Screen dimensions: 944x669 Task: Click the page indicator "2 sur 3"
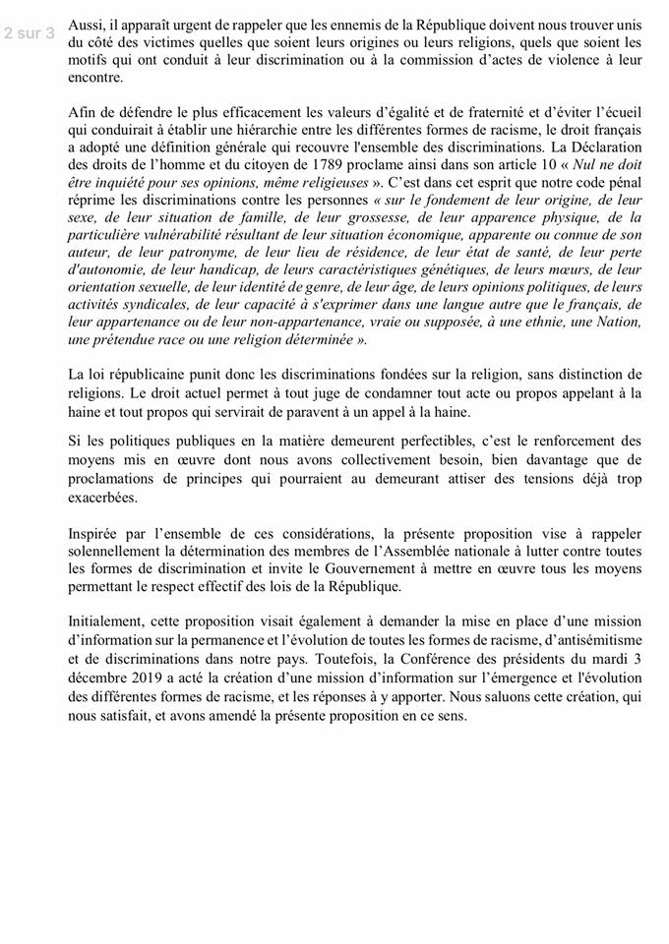click(x=29, y=32)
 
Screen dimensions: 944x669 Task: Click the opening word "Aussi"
click(x=87, y=25)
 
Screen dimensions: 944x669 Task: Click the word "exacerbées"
click(x=103, y=498)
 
